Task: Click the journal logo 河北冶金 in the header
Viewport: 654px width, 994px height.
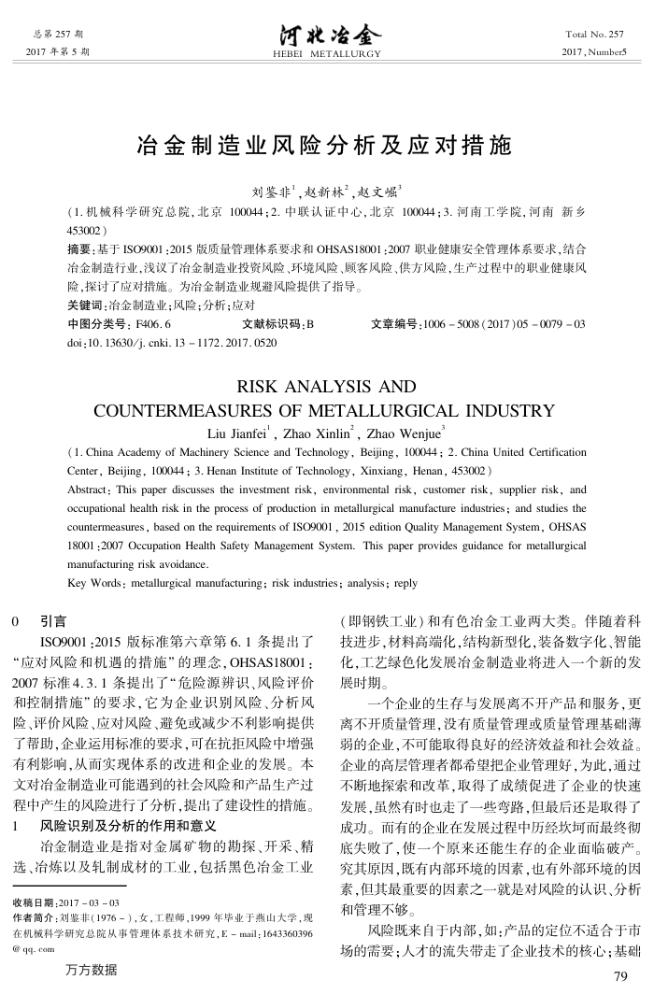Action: coord(326,35)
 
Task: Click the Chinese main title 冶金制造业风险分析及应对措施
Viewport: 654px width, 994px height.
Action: coord(325,146)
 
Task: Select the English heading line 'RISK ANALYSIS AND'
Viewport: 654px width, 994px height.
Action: coord(326,385)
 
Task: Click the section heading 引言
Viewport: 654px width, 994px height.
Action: coord(53,619)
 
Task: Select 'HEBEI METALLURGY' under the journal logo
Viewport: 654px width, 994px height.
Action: coord(326,54)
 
